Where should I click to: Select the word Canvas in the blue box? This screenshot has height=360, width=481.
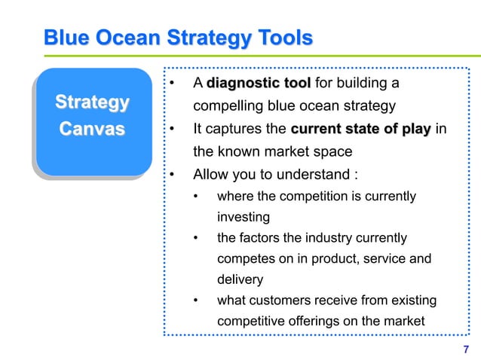coord(92,130)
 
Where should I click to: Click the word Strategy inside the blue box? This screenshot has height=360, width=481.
coord(92,102)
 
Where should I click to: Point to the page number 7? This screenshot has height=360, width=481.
coord(465,349)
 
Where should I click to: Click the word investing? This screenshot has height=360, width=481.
coord(243,217)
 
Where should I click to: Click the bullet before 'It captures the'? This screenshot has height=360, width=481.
coord(173,129)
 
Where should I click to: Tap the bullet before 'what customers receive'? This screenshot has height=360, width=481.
coord(197,301)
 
